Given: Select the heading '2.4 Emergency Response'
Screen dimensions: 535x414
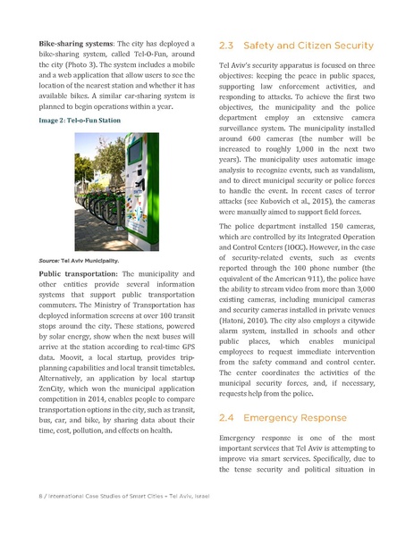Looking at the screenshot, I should (278, 417).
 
